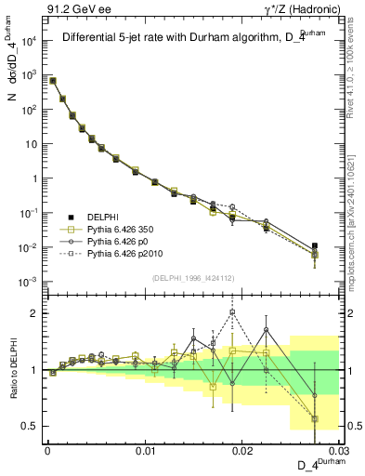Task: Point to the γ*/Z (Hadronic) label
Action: point(310,9)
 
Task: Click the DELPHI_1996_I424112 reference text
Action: point(192,278)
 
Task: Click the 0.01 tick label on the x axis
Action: point(145,450)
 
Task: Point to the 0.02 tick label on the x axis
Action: point(242,450)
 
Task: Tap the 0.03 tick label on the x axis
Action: point(340,450)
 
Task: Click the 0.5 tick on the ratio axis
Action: point(33,426)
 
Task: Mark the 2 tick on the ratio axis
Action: point(36,313)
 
